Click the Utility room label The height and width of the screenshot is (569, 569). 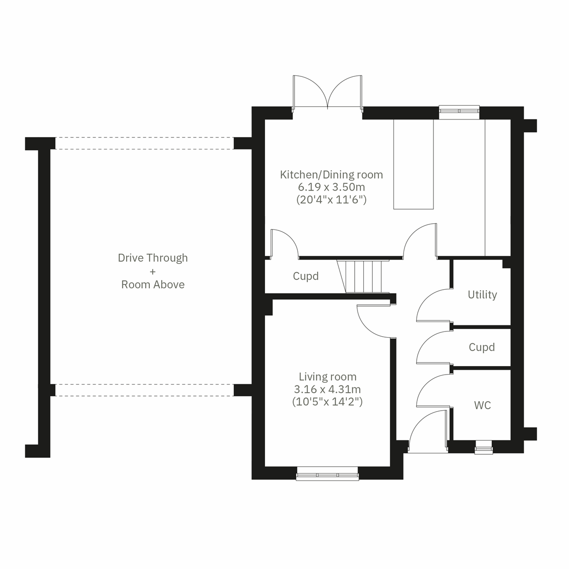tap(482, 294)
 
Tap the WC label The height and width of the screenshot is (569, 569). tap(482, 405)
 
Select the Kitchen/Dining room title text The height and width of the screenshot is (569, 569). tap(331, 174)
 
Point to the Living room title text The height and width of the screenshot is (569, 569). tap(327, 377)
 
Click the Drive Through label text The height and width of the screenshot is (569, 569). tap(153, 258)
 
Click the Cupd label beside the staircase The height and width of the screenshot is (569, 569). tap(306, 276)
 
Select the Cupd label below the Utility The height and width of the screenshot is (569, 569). tap(482, 347)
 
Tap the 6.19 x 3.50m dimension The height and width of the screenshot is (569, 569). tap(331, 187)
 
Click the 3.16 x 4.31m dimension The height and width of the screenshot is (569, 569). tap(327, 389)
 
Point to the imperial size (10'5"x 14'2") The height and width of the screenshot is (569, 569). tap(327, 402)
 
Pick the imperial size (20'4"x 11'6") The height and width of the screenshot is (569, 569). tap(331, 200)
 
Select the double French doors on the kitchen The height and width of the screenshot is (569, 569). tap(327, 92)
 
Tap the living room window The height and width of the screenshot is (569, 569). tap(327, 474)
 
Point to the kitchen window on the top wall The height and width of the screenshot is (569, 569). tap(459, 110)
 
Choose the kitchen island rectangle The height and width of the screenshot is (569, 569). tap(413, 164)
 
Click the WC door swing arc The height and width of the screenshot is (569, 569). tap(432, 391)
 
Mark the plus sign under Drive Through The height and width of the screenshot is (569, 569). tap(152, 272)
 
